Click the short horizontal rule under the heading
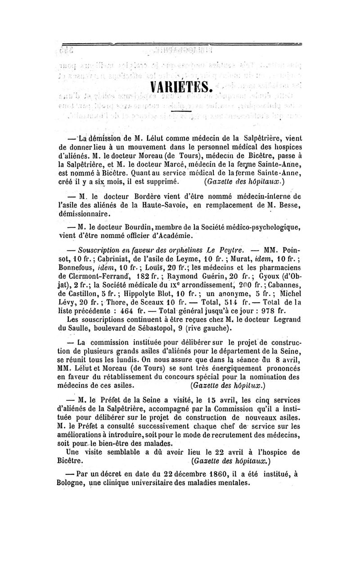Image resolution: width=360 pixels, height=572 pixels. pyautogui.click(x=180, y=111)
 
